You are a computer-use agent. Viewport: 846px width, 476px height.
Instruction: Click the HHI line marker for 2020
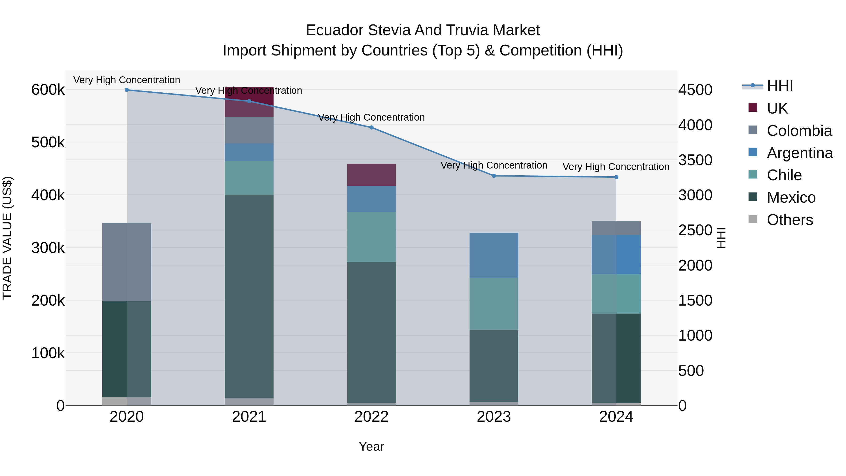(x=127, y=90)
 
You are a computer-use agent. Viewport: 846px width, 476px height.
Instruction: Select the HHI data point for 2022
(x=372, y=127)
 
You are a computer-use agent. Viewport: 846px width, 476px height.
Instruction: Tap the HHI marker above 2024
(x=616, y=177)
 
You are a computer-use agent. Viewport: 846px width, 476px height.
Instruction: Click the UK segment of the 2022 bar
(x=372, y=175)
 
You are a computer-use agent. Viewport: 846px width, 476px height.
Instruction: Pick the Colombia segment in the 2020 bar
(x=127, y=262)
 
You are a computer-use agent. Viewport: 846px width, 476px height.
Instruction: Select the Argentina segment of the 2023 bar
(x=494, y=255)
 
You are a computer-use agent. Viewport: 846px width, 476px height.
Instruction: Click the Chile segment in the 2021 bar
(x=249, y=178)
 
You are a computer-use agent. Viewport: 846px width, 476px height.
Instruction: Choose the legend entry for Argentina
(x=799, y=153)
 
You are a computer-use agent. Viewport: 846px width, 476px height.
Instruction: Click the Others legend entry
(x=790, y=220)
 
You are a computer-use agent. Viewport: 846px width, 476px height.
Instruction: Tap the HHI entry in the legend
(x=780, y=86)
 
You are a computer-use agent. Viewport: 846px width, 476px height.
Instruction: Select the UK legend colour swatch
(x=753, y=108)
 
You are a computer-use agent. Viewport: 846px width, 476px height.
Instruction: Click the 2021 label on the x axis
(x=249, y=417)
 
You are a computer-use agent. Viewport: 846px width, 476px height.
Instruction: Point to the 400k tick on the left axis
(x=48, y=195)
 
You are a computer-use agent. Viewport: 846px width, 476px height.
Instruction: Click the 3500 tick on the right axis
(x=695, y=160)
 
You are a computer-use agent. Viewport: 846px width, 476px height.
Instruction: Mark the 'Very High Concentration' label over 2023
(x=494, y=165)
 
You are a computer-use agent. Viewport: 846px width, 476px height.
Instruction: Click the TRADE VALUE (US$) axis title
(x=7, y=238)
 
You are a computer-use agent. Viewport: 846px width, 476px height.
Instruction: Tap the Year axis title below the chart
(x=372, y=446)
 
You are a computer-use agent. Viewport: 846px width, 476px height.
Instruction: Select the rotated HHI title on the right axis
(x=721, y=238)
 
